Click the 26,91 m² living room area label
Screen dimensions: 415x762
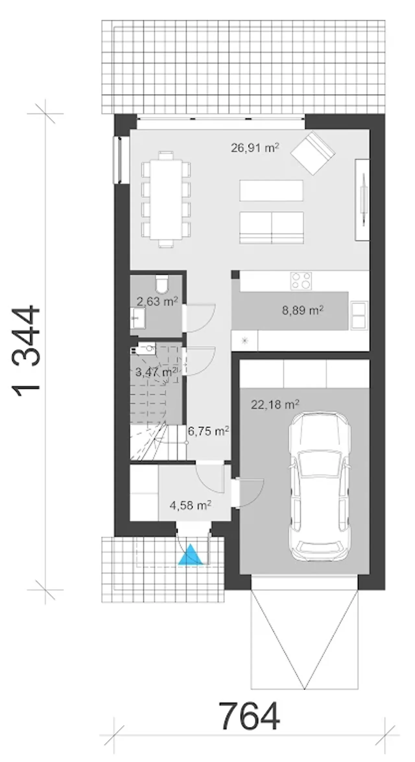tap(255, 148)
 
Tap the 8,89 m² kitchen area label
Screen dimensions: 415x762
tap(302, 311)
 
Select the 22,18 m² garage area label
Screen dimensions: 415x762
tap(275, 404)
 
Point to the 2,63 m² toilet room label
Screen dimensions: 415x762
tap(157, 302)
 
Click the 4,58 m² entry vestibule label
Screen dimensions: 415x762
tap(191, 505)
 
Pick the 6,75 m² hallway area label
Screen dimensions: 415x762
tap(209, 431)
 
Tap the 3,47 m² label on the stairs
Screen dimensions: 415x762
tap(156, 372)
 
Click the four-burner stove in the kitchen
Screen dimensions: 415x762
tap(301, 281)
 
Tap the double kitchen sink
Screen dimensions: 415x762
tap(359, 315)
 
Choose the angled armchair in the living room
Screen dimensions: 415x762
tap(313, 153)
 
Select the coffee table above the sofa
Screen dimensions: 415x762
tap(271, 190)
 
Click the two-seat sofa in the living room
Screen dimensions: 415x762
tap(272, 227)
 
